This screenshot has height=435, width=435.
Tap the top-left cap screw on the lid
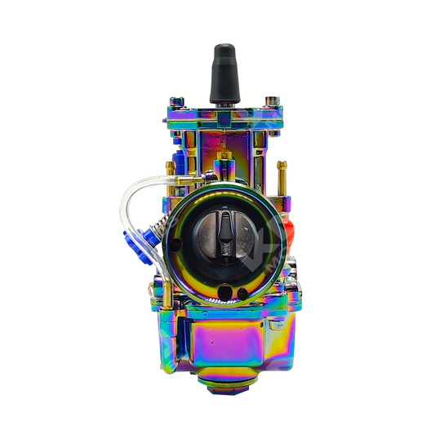tap(180, 103)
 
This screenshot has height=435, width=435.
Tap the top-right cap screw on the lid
tap(273, 101)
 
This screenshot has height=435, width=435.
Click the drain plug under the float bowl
tap(224, 383)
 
